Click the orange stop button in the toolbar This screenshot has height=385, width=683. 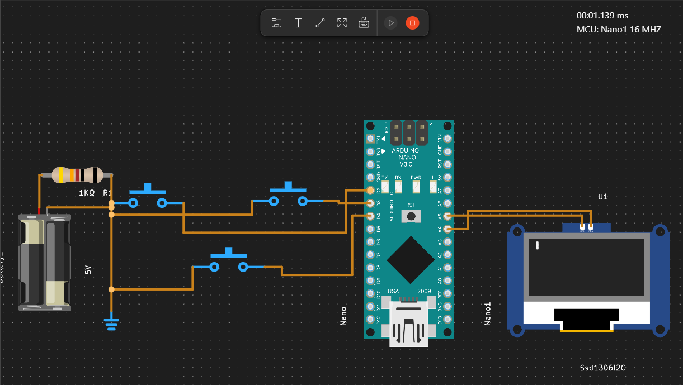[x=412, y=23]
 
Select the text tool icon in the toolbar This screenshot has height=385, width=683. [x=299, y=23]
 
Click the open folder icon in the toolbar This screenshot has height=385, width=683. [x=276, y=23]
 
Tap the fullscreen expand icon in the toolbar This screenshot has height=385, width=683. [x=342, y=23]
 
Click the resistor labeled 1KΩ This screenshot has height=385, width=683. [x=77, y=175]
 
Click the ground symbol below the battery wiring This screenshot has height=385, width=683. [x=111, y=323]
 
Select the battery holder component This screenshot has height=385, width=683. [x=45, y=262]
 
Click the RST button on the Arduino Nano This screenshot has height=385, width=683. [x=412, y=216]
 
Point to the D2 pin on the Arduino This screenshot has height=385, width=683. [x=370, y=191]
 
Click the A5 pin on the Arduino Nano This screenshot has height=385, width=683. [x=448, y=216]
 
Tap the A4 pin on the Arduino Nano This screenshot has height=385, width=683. [x=448, y=229]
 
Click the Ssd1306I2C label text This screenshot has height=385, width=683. [x=602, y=367]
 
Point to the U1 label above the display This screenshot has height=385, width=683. [x=602, y=197]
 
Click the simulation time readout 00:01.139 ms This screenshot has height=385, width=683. [x=602, y=16]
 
